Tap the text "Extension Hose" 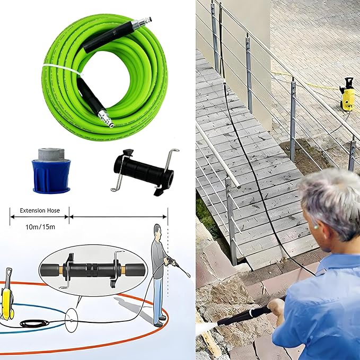click(39, 210)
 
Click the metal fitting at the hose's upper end click(142, 23)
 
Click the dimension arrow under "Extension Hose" click(39, 216)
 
